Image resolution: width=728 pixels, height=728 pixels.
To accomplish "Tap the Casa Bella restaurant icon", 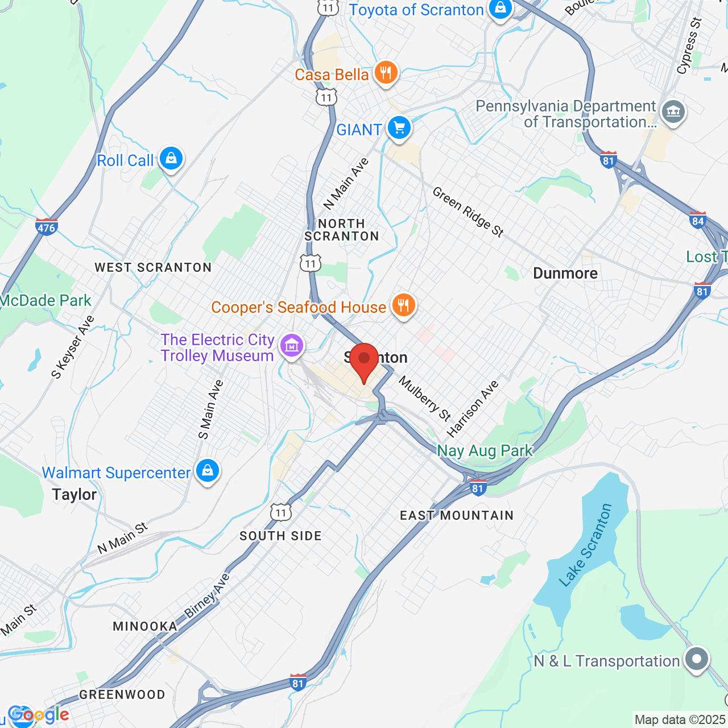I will pos(386,73).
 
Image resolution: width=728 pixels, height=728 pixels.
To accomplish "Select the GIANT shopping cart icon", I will pos(399,128).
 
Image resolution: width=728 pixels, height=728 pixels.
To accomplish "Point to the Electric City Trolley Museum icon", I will pos(292,345).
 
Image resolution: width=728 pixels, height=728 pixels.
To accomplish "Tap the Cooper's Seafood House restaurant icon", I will pos(403,306).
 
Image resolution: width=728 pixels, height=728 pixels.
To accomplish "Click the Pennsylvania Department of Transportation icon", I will pos(673,111).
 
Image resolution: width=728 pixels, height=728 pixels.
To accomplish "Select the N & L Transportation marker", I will pos(697,659).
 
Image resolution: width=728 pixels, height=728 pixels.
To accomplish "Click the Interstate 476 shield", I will pos(46,227).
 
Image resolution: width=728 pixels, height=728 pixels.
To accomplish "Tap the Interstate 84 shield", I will pos(698,220).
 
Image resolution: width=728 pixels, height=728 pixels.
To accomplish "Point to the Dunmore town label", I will pos(565,274).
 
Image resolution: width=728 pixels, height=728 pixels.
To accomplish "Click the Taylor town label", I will pos(75,494).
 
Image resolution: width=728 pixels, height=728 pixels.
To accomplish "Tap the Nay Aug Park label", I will pos(485,451).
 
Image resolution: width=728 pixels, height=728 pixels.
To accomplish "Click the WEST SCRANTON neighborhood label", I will pos(153,267).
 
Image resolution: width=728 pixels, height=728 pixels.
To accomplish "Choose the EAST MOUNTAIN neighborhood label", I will pos(457,515).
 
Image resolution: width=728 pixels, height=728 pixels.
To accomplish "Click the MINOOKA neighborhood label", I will pos(145,626).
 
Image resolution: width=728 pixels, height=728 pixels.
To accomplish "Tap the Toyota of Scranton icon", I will pos(500,9).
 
